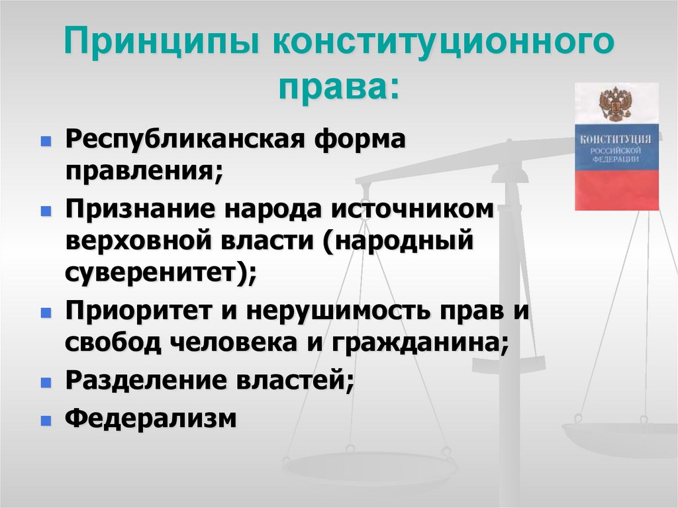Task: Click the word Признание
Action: click(x=139, y=210)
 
